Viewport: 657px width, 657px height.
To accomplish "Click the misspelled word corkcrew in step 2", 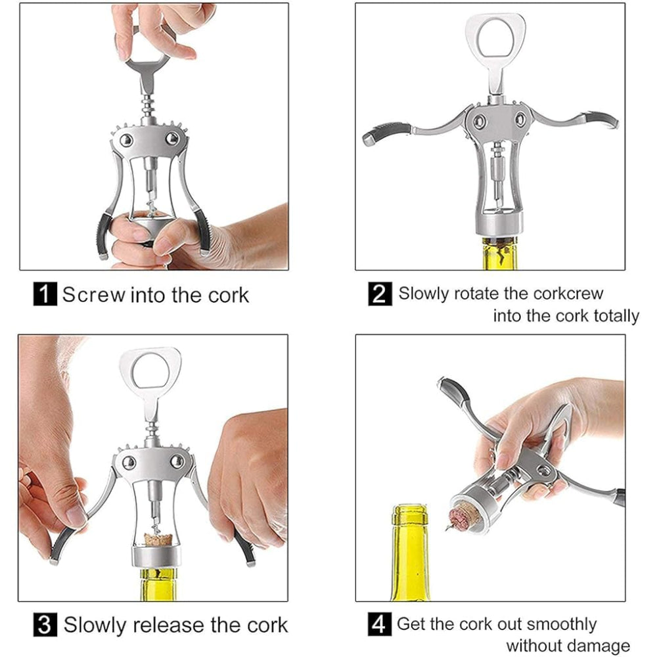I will (565, 293).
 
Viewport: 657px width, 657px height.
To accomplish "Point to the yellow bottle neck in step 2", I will (500, 253).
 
